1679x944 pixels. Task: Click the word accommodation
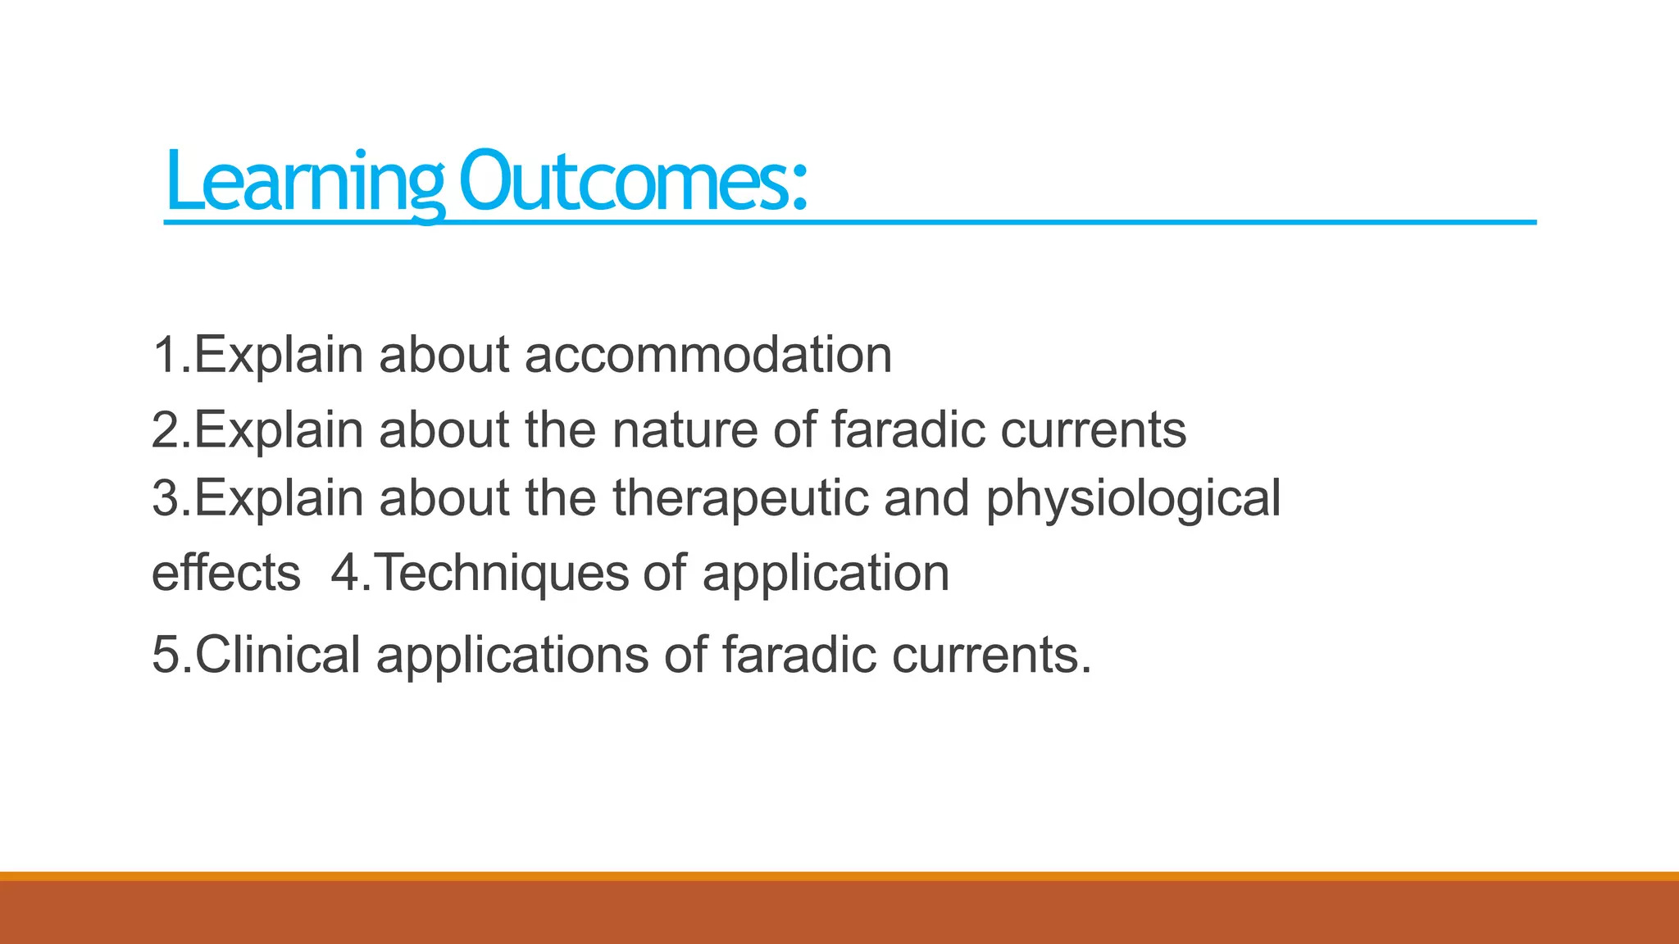pyautogui.click(x=708, y=355)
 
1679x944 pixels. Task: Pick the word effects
pyautogui.click(x=226, y=573)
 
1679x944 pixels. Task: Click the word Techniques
pyautogui.click(x=502, y=573)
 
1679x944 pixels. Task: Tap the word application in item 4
pyautogui.click(x=826, y=573)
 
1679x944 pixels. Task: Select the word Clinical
pyautogui.click(x=277, y=655)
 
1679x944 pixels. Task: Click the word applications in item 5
pyautogui.click(x=512, y=655)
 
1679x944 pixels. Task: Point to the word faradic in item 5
pyautogui.click(x=799, y=655)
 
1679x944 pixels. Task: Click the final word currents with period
pyautogui.click(x=991, y=655)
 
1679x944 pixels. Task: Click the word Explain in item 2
pyautogui.click(x=279, y=429)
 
